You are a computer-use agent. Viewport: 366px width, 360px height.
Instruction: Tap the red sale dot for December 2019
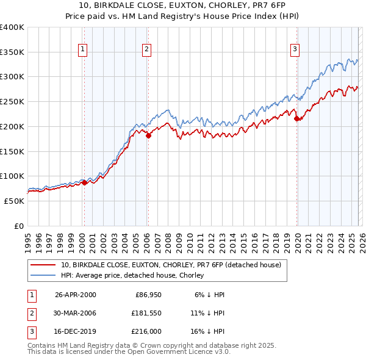[297, 119]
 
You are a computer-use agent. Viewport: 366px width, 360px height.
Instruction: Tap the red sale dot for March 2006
[148, 135]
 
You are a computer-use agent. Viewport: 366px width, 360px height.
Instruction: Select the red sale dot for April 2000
[84, 182]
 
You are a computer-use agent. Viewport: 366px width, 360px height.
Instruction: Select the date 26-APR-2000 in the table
[76, 295]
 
